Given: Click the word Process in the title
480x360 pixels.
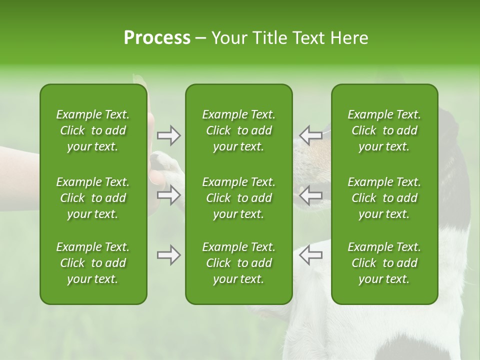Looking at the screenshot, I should [x=157, y=38].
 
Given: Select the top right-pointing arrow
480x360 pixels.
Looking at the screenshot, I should [x=169, y=135].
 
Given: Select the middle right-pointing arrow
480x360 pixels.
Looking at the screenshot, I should [x=169, y=195].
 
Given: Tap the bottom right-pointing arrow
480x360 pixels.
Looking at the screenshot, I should [x=169, y=255].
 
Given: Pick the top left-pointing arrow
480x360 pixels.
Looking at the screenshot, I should [x=310, y=135].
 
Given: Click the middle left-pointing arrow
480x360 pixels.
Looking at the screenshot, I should [x=310, y=195].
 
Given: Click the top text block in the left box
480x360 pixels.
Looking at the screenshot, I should [x=93, y=130].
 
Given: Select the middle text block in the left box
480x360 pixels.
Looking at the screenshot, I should [x=93, y=198].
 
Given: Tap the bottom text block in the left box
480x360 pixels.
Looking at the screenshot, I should [x=93, y=263].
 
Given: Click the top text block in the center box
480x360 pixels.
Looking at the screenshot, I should [x=239, y=130].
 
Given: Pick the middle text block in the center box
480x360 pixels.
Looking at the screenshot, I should [x=239, y=198].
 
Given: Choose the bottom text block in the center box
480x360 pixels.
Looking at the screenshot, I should [x=239, y=263].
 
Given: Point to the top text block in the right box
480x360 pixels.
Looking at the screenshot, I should [x=384, y=130].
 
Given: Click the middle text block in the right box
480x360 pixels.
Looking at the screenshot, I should [x=384, y=198].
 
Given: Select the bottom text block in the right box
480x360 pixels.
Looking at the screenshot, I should [x=384, y=263].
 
